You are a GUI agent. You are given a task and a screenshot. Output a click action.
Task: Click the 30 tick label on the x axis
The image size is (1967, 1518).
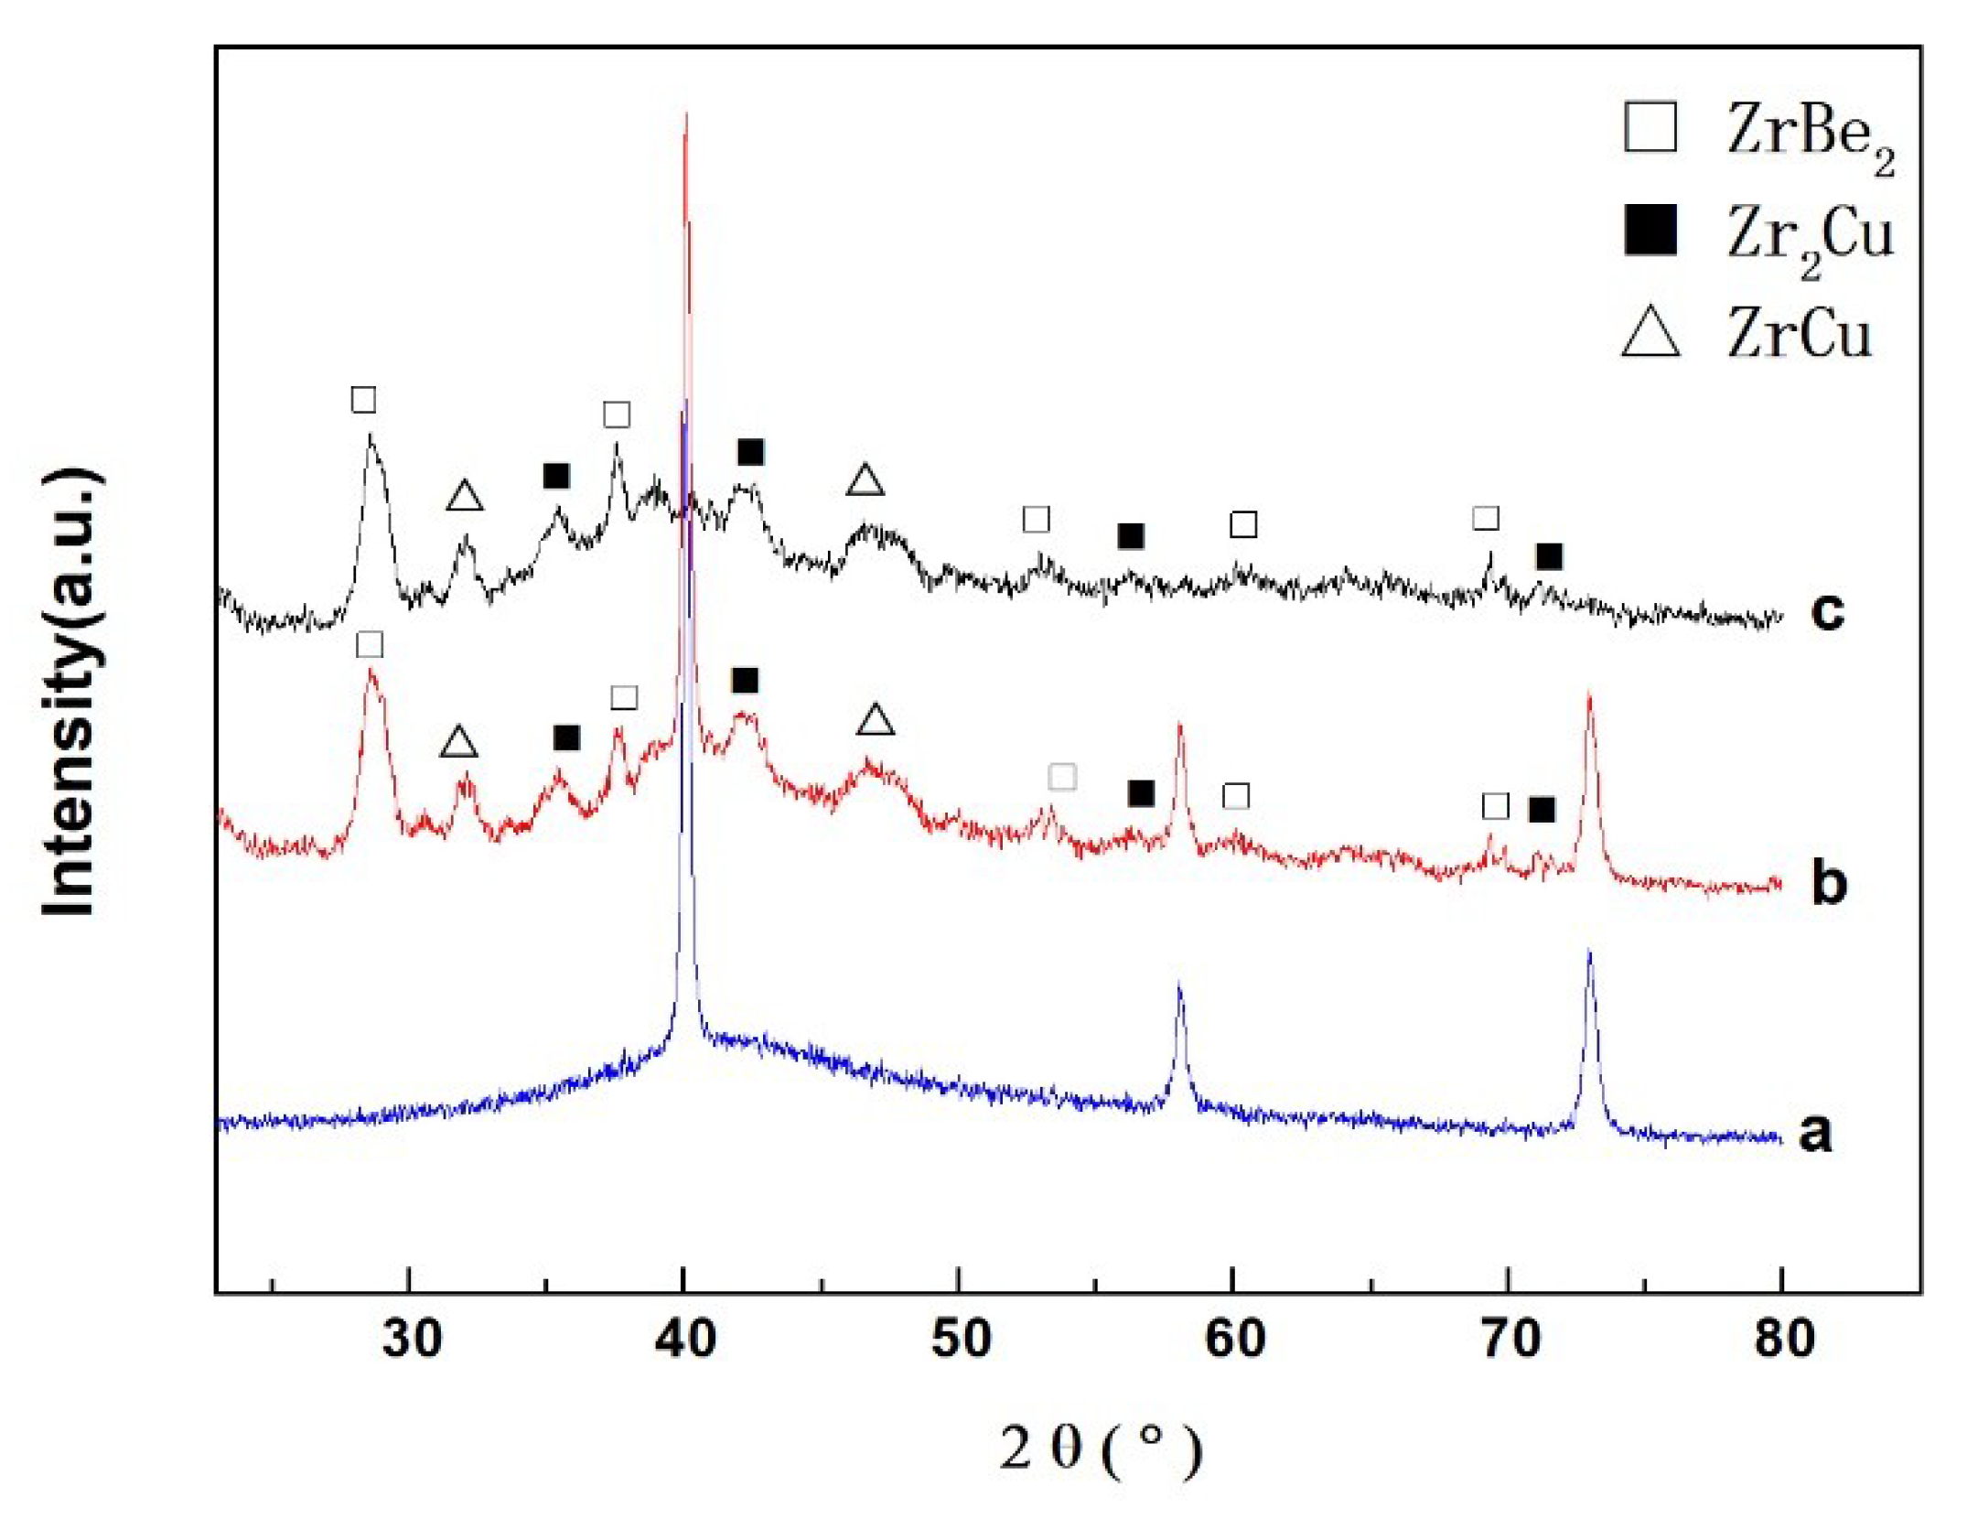(412, 1339)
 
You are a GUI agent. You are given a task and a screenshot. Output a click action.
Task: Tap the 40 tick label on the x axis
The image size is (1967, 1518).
(685, 1339)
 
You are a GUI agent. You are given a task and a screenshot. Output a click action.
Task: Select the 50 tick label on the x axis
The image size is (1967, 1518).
(961, 1339)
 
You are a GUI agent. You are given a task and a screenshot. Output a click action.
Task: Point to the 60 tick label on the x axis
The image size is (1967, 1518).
(1235, 1339)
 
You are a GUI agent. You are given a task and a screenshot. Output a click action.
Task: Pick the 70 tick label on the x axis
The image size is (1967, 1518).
(1510, 1339)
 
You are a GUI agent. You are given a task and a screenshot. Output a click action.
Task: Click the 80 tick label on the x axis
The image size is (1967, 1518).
(1784, 1339)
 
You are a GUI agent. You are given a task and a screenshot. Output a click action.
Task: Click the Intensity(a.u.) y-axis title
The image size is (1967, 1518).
(70, 691)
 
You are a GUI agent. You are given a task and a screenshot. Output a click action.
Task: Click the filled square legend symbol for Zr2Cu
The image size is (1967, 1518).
(1650, 230)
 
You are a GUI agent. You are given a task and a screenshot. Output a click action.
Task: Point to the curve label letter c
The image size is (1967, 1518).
(1827, 611)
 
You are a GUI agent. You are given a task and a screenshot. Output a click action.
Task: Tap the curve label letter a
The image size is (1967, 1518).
(1816, 1132)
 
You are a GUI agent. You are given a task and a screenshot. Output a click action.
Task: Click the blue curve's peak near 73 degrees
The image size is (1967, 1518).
(1589, 954)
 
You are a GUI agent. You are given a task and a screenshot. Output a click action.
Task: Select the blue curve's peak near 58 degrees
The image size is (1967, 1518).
(1179, 986)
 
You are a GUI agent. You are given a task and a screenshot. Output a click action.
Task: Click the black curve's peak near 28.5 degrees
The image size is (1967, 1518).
(370, 437)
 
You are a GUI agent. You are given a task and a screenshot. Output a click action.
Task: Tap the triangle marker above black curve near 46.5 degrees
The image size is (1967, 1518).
(865, 480)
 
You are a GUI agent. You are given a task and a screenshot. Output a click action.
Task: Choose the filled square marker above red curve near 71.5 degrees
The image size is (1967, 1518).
(1542, 809)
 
